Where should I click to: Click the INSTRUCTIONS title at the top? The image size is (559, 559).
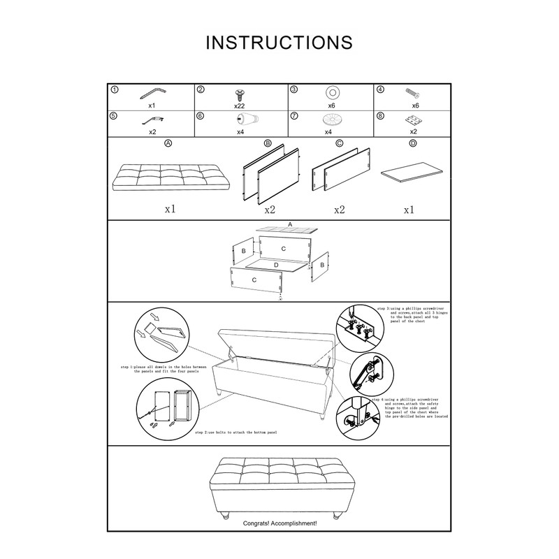tap(279, 42)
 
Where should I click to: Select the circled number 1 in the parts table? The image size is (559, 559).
tap(115, 90)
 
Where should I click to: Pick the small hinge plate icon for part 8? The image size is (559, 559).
tap(412, 120)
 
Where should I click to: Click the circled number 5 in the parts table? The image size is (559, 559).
tap(115, 116)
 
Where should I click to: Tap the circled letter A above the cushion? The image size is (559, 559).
tap(167, 143)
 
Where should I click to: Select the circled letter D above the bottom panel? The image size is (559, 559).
tap(412, 143)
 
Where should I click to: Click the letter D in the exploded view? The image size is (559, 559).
tap(277, 266)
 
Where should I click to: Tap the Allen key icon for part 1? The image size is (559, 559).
tap(152, 93)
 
